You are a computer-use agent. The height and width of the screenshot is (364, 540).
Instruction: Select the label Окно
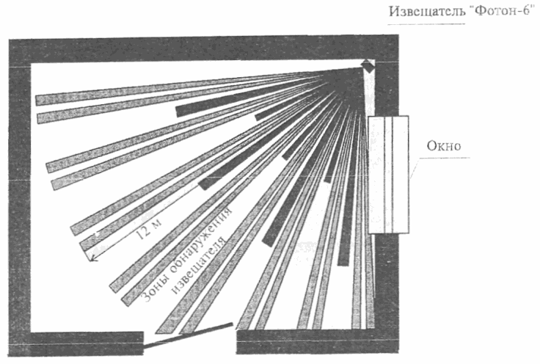[x=444, y=145]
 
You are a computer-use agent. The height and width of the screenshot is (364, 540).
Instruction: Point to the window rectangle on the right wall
[x=388, y=175]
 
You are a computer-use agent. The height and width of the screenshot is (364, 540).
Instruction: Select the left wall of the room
[x=19, y=198]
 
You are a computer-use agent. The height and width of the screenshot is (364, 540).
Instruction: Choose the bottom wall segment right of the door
[x=315, y=342]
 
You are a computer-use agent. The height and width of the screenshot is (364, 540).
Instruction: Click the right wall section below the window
[x=382, y=286]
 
